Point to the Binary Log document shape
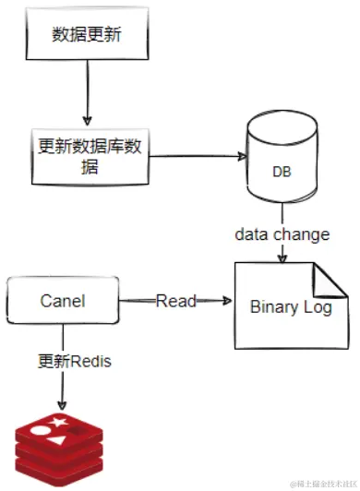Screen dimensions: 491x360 (290, 306)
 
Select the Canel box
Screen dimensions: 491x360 (64, 301)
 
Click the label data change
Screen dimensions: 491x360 (281, 234)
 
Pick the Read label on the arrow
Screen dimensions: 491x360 (175, 301)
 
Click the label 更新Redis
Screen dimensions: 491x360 (75, 361)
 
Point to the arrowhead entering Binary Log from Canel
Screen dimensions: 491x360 (225, 301)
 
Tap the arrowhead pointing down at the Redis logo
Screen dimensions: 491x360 (62, 406)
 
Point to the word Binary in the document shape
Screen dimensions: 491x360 (274, 307)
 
